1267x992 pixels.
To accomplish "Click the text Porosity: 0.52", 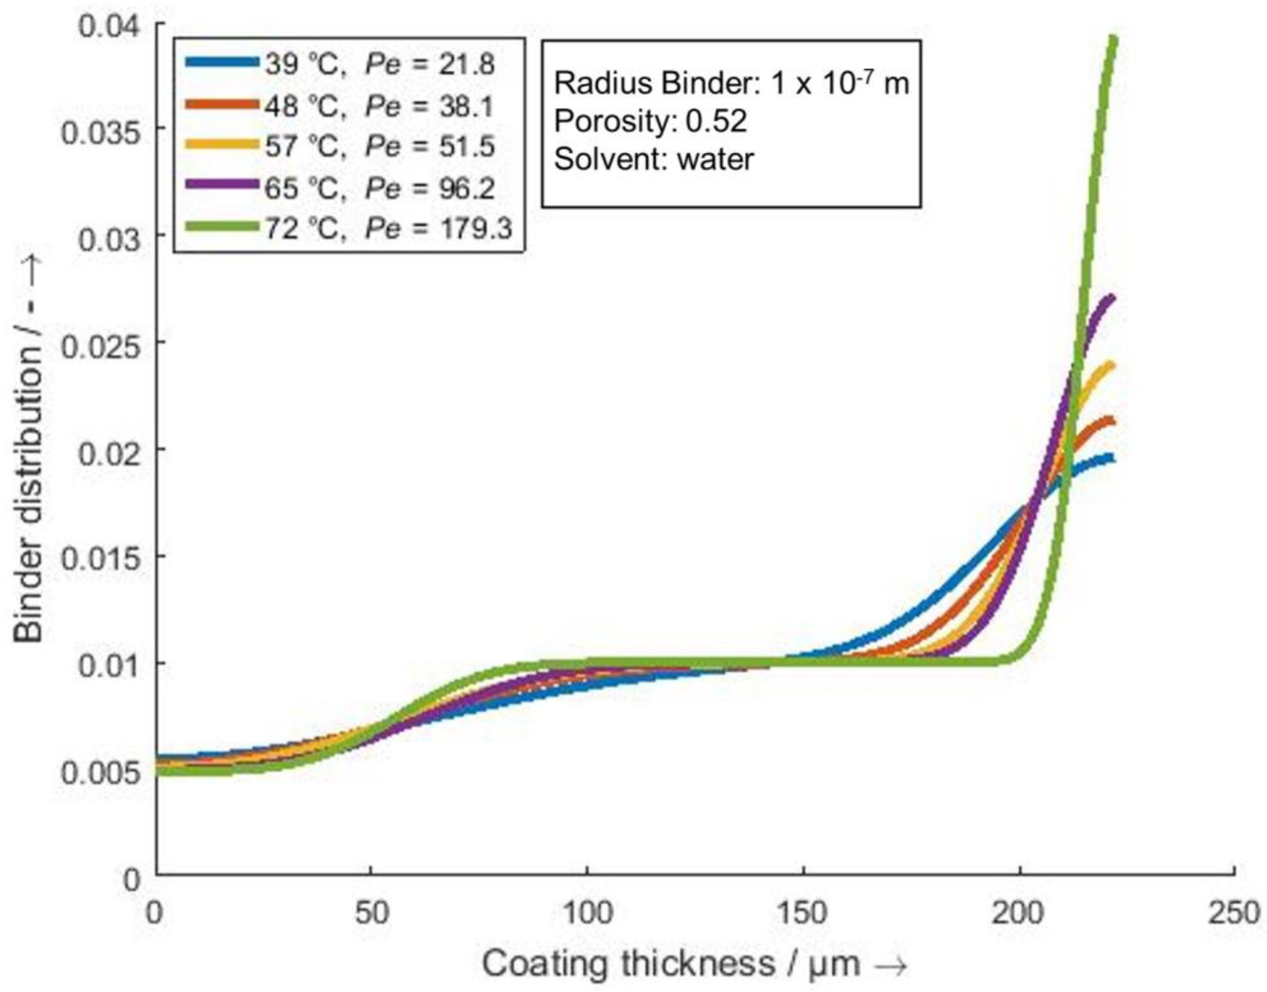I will coord(650,121).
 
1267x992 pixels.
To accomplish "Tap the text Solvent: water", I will coord(654,159).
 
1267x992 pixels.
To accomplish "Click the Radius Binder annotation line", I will coord(731,83).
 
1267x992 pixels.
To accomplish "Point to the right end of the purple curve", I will coord(1112,299).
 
